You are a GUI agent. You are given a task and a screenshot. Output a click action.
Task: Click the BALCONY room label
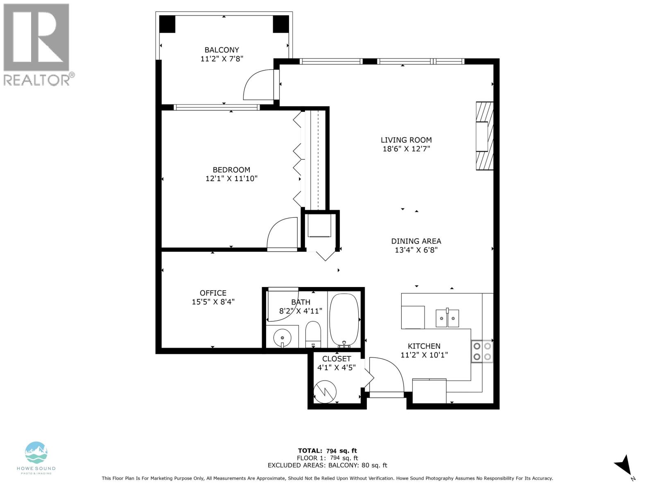click(221, 50)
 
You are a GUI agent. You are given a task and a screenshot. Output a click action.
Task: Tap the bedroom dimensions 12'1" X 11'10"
click(231, 178)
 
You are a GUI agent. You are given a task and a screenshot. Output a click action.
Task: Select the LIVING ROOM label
click(406, 140)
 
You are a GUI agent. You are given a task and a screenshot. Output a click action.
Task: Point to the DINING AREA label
click(416, 241)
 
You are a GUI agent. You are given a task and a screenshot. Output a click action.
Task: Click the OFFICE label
click(213, 293)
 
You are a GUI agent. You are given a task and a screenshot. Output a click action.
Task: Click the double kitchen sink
click(447, 318)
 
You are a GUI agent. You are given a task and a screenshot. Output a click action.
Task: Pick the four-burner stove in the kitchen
click(482, 351)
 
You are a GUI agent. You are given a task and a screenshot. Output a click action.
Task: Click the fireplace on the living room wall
click(484, 136)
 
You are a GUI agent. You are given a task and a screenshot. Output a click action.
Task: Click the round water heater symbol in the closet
click(325, 392)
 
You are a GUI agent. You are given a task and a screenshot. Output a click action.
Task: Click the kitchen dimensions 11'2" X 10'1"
click(424, 355)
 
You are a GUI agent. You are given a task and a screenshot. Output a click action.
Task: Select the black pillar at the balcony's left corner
click(167, 24)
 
